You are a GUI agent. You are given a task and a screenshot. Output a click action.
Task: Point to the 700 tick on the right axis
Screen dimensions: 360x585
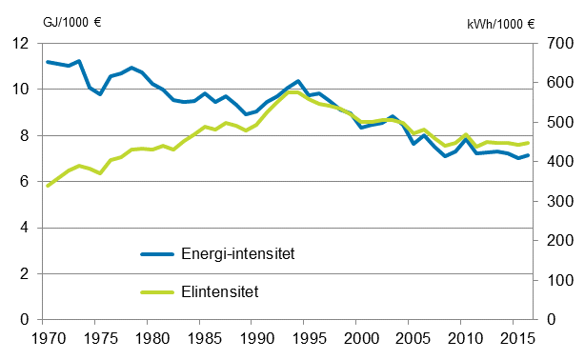click(x=556, y=44)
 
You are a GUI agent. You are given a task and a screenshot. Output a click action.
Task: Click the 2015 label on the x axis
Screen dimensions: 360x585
click(x=514, y=337)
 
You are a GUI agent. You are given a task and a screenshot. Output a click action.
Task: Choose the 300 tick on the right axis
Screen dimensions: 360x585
click(x=556, y=202)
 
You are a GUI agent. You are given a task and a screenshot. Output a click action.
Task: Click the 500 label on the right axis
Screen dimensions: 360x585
click(x=556, y=123)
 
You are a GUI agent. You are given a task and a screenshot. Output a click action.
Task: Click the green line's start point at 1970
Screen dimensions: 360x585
click(x=48, y=186)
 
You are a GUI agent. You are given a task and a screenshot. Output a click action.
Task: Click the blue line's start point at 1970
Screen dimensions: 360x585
click(x=48, y=62)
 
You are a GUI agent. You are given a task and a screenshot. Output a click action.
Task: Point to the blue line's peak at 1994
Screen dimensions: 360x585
click(x=298, y=81)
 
